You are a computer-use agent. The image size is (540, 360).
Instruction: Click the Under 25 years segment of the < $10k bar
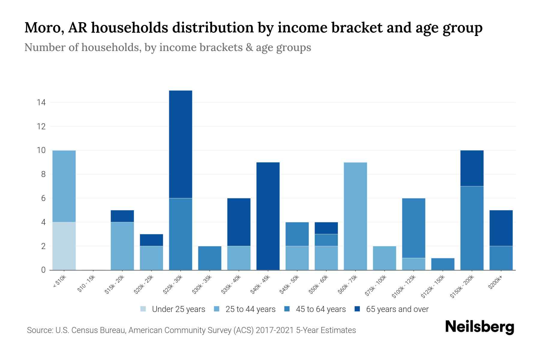[x=64, y=246]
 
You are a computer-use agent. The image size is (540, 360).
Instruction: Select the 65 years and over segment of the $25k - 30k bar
[x=181, y=144]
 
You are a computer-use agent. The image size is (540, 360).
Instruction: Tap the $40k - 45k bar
[x=268, y=216]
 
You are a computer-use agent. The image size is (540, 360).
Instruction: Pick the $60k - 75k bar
[x=355, y=216]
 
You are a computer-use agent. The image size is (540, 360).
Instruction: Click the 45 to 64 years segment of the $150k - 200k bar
[x=472, y=228]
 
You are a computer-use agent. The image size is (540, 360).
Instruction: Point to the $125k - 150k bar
[x=443, y=264]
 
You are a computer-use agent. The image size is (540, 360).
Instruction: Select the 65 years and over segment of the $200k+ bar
[x=501, y=228]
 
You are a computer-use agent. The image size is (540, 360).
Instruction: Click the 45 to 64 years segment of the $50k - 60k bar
[x=326, y=240]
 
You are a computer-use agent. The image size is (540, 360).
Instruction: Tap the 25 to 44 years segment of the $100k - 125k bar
[x=414, y=264]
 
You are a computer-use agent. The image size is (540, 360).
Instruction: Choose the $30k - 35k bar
[x=210, y=258]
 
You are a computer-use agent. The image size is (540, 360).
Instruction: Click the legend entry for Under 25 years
[x=173, y=309]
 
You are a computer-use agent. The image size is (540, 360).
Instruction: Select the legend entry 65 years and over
[x=391, y=309]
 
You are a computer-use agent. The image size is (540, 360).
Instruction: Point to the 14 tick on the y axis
[x=41, y=103]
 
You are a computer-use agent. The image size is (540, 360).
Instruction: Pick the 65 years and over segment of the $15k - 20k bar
[x=122, y=216]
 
